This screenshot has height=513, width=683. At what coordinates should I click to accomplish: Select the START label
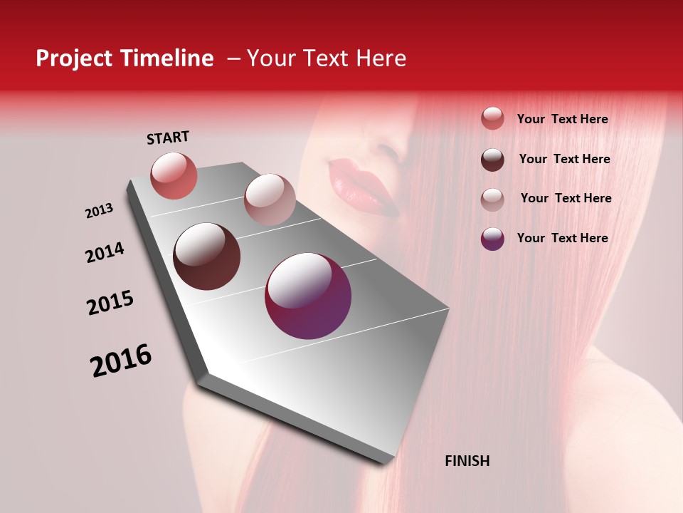coord(168,138)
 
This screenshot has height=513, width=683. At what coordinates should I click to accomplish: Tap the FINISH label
coord(467,461)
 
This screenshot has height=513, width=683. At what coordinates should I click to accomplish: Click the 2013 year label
coord(100,211)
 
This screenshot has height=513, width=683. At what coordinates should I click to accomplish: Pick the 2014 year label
coord(105,252)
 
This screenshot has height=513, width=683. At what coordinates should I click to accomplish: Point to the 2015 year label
coord(110,303)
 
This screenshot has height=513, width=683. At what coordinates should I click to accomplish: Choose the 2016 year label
coord(121,360)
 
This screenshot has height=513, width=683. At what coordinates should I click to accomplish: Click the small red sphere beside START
coord(174,175)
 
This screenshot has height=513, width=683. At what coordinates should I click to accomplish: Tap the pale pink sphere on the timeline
coord(270,199)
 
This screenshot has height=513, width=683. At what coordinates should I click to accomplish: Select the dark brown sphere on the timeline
coord(207,256)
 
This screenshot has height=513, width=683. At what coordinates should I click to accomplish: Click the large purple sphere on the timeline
coord(308,296)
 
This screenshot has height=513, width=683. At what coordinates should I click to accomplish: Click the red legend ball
coord(492,118)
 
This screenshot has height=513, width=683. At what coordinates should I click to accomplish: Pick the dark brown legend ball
coord(492,159)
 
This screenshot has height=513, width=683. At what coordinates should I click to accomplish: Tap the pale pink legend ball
coord(492,199)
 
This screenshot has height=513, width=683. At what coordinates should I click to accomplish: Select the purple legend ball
coord(492,238)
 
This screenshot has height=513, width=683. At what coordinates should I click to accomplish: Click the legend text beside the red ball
coord(562,120)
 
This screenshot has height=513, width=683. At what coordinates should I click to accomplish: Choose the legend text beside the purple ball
coord(562,238)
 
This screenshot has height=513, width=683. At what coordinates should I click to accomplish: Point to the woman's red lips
coord(363,187)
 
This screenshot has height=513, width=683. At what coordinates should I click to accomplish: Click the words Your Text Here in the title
coord(327,58)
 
